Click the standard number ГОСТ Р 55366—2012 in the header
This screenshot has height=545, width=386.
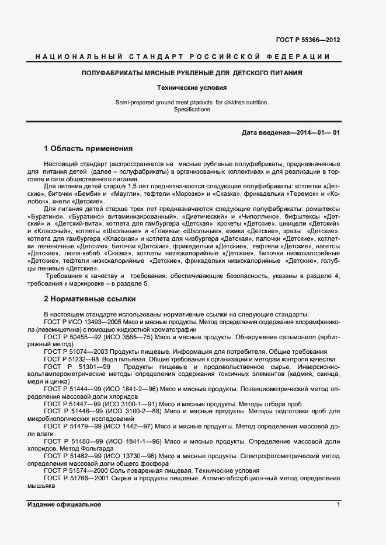click(307, 40)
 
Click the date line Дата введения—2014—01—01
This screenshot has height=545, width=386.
click(290, 133)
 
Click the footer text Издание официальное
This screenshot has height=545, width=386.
click(64, 504)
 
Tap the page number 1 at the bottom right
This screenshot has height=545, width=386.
click(338, 504)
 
